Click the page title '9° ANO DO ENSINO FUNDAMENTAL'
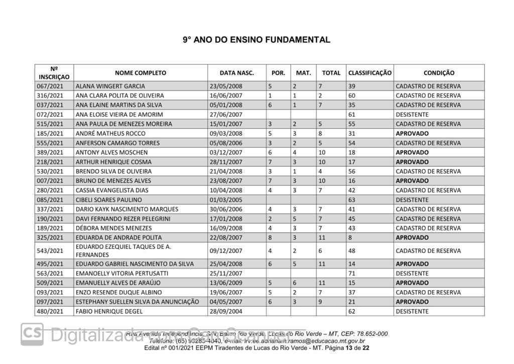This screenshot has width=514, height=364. coord(256,40)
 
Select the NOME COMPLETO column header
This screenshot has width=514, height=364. coord(141,73)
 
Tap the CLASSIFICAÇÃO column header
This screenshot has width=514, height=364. coord(370,73)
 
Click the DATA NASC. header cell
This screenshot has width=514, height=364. coord(237,73)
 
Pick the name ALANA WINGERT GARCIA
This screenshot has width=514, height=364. coord(110,86)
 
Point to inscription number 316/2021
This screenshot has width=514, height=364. coord(50,96)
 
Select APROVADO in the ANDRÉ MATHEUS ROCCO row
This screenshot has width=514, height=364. coord(412,133)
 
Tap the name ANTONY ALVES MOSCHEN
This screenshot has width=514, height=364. coord(112,152)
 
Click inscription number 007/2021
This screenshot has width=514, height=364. coord(50,180)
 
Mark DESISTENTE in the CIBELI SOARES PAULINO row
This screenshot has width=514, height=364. coord(412,200)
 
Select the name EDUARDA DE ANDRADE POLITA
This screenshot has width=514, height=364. coord(119,237)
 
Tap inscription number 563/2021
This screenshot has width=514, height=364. coord(50,273)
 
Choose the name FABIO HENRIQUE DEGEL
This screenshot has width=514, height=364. coord(109,311)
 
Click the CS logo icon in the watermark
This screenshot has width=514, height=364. coord(32,334)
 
